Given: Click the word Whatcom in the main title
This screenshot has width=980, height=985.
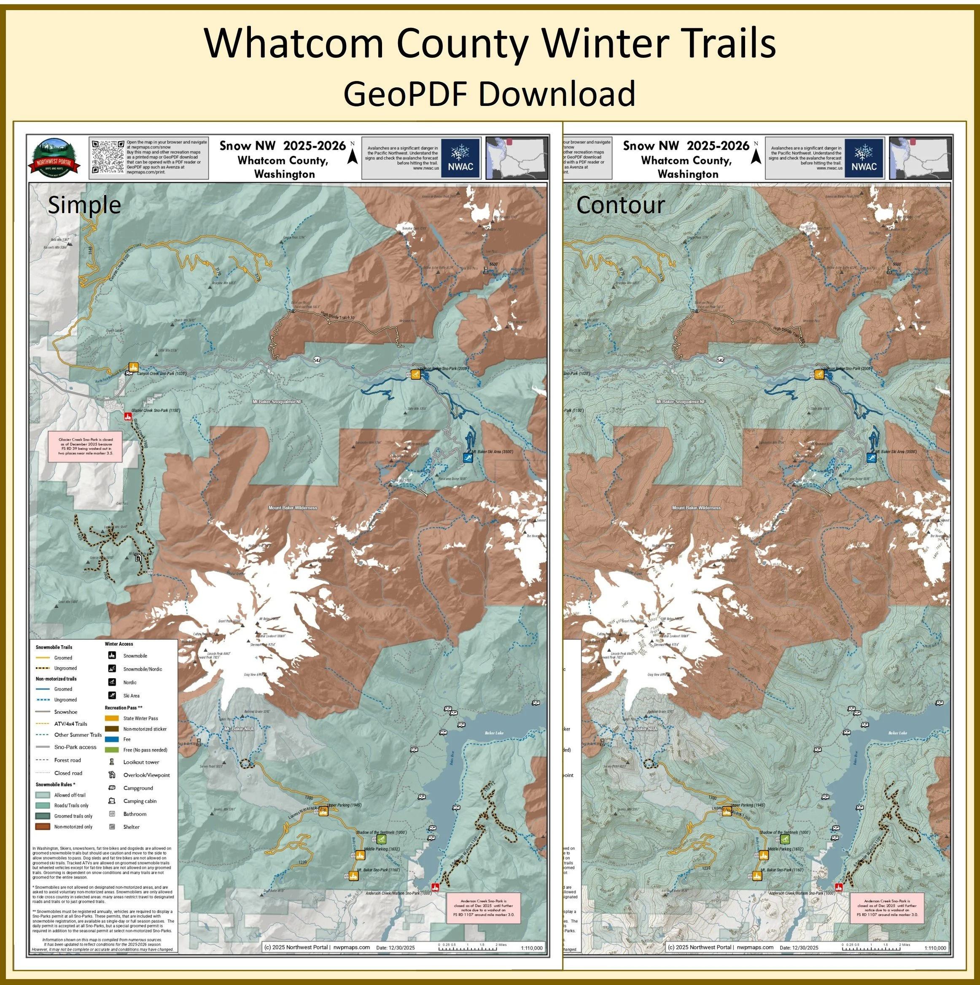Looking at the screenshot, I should (294, 44).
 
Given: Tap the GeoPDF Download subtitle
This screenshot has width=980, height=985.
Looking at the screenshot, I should (489, 93).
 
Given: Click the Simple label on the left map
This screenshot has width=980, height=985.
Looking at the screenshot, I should (84, 205).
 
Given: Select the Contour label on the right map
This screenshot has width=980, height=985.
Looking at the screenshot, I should (620, 205).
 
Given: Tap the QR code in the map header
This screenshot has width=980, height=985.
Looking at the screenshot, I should (108, 157).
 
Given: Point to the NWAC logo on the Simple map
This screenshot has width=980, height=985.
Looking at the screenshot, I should (460, 158).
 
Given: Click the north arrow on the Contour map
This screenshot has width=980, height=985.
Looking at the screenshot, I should (756, 154).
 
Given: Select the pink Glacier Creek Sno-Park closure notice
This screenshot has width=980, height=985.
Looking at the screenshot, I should (86, 446).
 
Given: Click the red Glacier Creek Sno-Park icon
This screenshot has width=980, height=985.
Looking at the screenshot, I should (128, 417).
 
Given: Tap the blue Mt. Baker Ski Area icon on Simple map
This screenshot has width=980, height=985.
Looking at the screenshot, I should (468, 457).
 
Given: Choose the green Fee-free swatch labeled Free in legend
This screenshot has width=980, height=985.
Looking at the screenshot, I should (113, 750).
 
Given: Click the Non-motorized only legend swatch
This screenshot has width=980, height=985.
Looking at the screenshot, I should (42, 826).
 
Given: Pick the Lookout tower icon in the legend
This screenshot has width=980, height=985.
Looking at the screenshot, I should (112, 762).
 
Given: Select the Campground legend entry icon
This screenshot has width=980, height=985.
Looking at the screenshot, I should (112, 787).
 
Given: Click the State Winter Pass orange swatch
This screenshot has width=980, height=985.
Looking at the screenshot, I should (113, 718).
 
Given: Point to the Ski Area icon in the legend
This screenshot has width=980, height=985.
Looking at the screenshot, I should (112, 695).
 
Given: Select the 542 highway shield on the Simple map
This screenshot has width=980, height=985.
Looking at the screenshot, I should (317, 360).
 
